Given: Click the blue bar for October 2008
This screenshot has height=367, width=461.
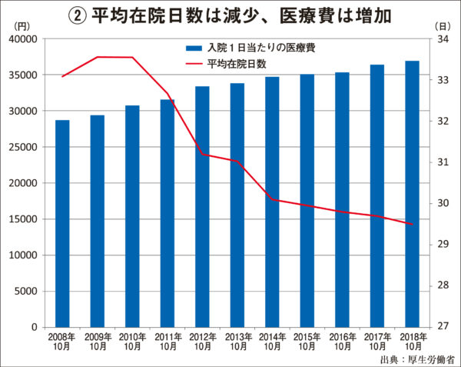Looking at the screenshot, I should coord(62,223).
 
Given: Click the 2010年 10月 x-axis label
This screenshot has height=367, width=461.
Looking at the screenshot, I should coord(132,342).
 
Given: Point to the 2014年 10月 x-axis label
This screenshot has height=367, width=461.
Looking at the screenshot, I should coord(272,342).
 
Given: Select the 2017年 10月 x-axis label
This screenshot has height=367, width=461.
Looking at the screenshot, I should coord(377,342).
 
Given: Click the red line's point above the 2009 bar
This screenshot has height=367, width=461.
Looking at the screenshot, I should coord(98,57).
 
